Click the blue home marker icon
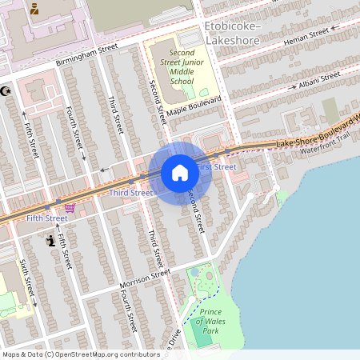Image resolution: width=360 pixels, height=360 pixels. (x=179, y=172)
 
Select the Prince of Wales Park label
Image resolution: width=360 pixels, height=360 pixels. (x=210, y=321)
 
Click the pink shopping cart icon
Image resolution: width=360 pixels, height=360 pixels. (x=70, y=208)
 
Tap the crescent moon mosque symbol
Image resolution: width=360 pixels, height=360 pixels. (x=7, y=91)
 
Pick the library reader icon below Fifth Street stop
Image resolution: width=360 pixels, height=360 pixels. (x=52, y=240)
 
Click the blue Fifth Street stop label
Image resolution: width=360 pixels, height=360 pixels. (x=46, y=218)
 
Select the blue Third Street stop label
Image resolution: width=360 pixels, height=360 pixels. (x=130, y=193)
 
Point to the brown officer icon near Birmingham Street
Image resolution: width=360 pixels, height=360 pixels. (x=35, y=10)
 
